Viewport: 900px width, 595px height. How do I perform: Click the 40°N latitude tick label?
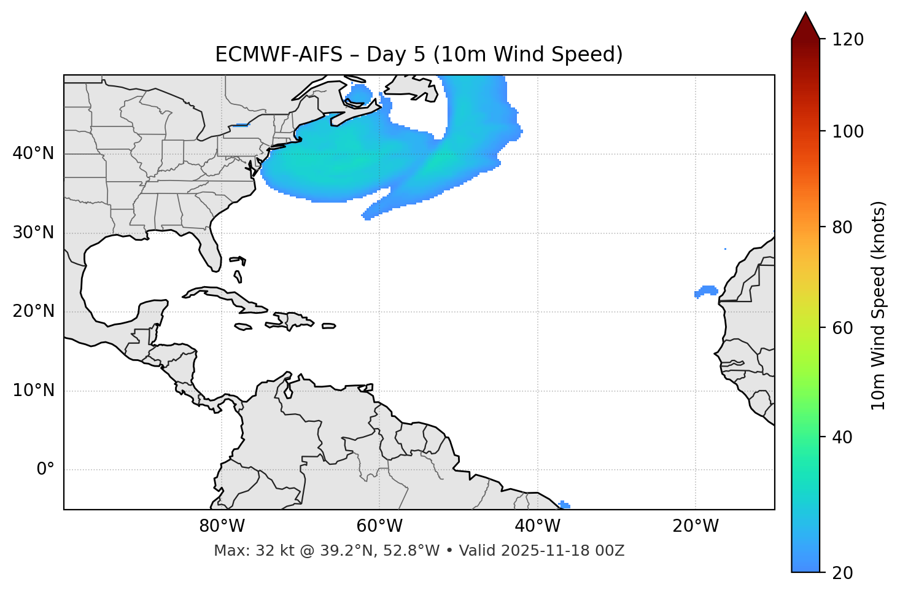[x=33, y=154]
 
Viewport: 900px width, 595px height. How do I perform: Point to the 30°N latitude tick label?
[x=33, y=233]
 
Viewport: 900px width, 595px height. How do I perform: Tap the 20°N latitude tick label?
[x=33, y=311]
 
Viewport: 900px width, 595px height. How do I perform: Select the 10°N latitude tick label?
[x=33, y=391]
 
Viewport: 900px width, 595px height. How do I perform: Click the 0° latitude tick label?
[x=45, y=470]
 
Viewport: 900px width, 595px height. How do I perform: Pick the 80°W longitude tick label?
[x=222, y=526]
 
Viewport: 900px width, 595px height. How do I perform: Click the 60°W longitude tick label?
[x=379, y=526]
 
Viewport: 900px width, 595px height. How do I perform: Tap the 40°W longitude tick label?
[x=538, y=526]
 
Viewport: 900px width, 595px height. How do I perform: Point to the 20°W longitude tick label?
[x=696, y=526]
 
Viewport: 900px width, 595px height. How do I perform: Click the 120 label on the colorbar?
[x=848, y=40]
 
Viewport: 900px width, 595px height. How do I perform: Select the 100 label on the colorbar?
[x=848, y=131]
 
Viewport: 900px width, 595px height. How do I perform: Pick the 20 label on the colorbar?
[x=843, y=573]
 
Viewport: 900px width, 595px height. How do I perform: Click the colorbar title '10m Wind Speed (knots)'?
[x=878, y=305]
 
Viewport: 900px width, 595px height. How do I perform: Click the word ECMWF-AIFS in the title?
[x=279, y=55]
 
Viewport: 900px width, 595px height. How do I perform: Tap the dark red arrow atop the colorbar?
[x=805, y=26]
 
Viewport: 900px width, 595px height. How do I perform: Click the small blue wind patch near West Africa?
[x=707, y=290]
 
